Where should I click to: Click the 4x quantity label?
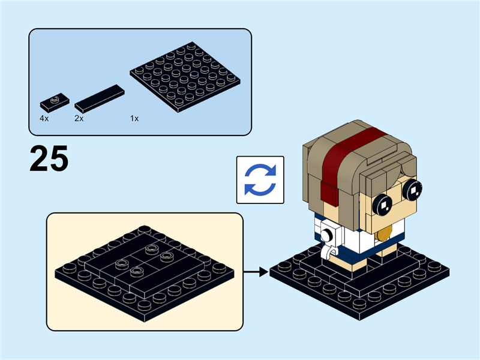[44, 119]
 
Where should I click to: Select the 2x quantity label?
[79, 119]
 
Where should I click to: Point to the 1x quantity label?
[134, 119]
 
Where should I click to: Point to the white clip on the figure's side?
[328, 239]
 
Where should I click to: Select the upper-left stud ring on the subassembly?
[151, 247]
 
